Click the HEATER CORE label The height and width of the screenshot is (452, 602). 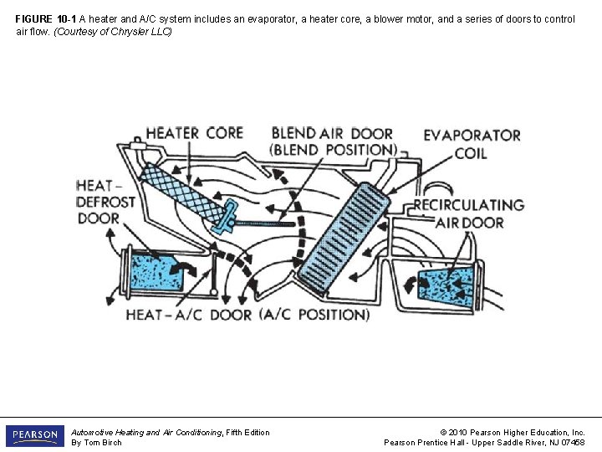click(x=194, y=133)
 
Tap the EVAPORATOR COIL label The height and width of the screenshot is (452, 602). click(x=472, y=144)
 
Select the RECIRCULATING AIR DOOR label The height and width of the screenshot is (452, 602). click(x=469, y=213)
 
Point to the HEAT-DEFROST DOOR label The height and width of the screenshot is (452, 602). click(x=105, y=202)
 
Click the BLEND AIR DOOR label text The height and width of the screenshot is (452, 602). click(x=332, y=141)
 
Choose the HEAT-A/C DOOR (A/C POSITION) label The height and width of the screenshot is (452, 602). click(x=247, y=315)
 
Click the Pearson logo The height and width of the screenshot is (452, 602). click(x=34, y=436)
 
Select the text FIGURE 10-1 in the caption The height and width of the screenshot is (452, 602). click(x=46, y=18)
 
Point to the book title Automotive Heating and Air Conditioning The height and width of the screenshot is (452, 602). click(x=146, y=432)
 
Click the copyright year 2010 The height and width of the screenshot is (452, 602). click(x=459, y=432)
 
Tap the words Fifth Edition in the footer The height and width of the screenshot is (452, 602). click(x=247, y=432)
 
